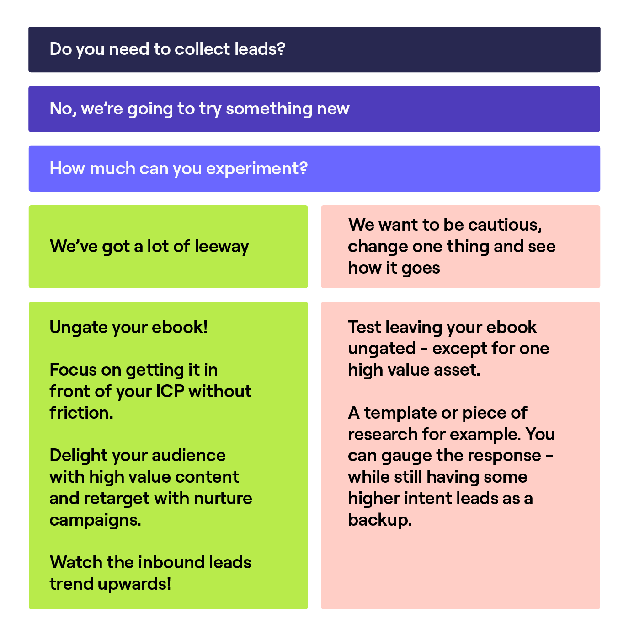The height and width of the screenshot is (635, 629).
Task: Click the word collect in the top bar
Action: (x=202, y=49)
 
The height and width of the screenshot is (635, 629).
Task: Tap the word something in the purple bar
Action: (x=269, y=109)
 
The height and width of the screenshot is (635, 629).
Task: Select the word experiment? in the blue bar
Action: (x=256, y=169)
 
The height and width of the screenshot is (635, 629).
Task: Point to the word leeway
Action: (x=222, y=247)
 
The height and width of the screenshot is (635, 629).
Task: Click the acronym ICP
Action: (x=170, y=392)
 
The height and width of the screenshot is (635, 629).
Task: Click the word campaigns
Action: (x=95, y=520)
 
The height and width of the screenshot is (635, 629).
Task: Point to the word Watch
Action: (x=76, y=563)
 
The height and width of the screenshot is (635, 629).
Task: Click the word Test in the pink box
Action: (x=364, y=328)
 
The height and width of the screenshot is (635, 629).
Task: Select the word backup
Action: (x=379, y=520)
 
